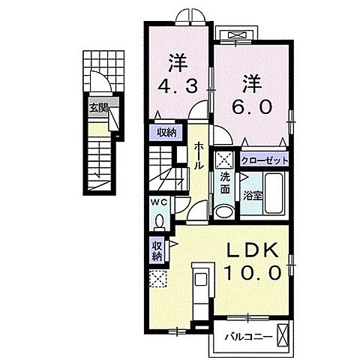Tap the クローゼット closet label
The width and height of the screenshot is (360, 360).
coord(265,160)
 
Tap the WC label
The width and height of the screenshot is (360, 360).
coord(160,202)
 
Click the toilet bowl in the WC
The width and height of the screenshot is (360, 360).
coord(160,220)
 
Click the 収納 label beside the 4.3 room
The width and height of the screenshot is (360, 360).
coord(167,133)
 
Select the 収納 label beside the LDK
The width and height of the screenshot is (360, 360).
coord(157,250)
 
